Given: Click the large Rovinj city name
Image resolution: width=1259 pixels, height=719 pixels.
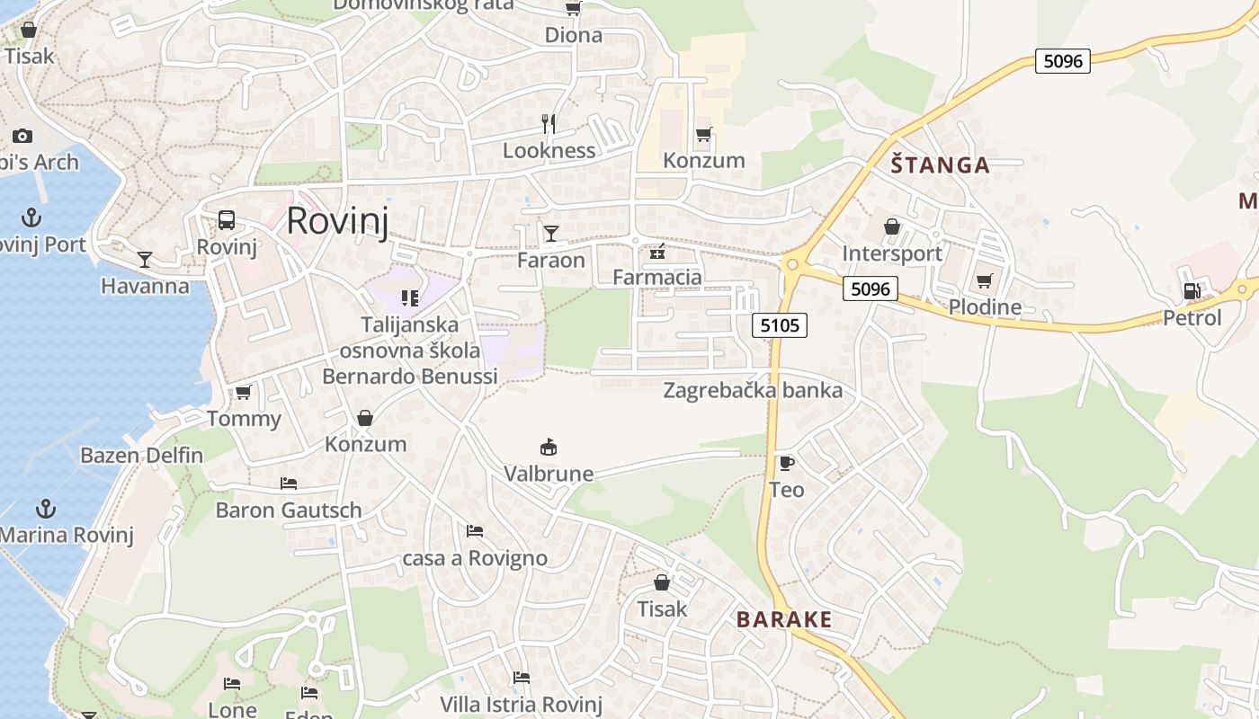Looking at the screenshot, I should coord(337,221).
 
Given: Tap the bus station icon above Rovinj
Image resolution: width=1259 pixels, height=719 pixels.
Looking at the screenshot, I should coord(227,220).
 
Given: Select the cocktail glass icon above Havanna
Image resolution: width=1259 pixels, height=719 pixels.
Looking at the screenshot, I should coord(145,260).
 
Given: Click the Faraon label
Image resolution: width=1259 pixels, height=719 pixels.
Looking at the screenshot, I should coord(551,261).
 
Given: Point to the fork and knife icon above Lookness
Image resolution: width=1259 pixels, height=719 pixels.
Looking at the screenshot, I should coord(549,123).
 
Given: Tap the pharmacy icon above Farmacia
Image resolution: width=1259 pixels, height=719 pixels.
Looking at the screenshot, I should coord(657,251).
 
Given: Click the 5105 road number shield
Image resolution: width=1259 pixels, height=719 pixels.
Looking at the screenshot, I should coord(780,325).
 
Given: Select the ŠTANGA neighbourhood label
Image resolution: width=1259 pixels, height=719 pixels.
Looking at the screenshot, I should coord(940,165).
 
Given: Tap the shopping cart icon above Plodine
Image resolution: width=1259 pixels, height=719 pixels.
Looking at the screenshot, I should coord(985,280).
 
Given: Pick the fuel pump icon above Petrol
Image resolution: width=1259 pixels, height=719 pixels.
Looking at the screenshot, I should coord(1192,290).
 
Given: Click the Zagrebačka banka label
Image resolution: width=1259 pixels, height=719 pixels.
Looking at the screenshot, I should coord(753,390).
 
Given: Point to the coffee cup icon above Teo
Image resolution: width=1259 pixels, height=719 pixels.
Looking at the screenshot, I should coord(786,463).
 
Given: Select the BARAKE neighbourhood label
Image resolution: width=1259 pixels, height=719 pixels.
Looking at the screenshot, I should coord(784,619).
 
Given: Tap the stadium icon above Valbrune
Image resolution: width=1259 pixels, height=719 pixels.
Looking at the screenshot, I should coord(549,447).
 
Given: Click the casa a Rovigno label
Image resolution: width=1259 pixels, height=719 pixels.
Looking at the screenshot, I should coord(475,558).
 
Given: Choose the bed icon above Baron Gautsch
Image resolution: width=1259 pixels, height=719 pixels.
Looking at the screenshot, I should coord(289,484).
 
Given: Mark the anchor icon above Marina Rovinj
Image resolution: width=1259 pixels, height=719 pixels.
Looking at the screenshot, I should coord(46,509).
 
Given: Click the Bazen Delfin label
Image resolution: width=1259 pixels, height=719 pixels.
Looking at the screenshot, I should coord(142,455).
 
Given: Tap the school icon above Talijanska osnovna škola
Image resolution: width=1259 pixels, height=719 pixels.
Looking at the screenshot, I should coord(410,297).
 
